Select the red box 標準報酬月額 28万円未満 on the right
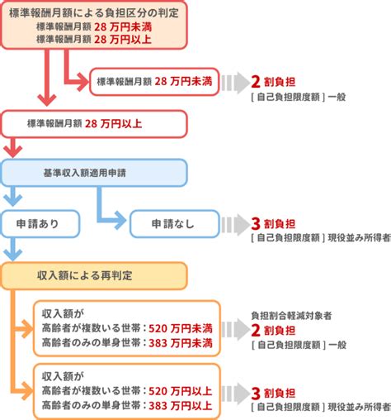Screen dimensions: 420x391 tap(153, 81)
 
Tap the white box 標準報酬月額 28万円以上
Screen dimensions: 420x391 tap(91, 125)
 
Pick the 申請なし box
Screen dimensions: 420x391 tap(173, 223)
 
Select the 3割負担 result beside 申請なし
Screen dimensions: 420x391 tap(274, 223)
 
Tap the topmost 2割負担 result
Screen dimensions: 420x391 tap(274, 81)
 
